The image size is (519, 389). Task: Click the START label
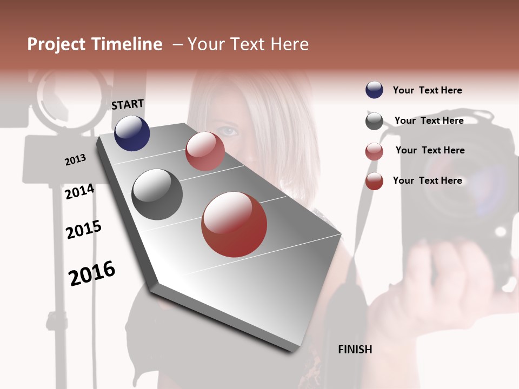[128, 104]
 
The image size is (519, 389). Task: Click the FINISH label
[355, 350]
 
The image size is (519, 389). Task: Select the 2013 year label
[75, 160]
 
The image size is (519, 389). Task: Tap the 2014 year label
[79, 192]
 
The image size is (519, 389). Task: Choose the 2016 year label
[92, 273]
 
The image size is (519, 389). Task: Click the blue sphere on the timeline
[132, 133]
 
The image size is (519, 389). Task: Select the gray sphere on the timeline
[157, 194]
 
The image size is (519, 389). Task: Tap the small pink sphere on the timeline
[205, 151]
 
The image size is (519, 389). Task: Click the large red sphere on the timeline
[234, 224]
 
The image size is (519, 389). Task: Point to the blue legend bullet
[374, 90]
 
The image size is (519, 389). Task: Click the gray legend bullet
[374, 121]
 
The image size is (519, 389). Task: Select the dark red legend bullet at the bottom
[374, 181]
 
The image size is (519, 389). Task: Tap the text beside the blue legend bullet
[427, 90]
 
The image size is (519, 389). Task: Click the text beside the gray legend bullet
[429, 120]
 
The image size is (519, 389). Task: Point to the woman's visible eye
[229, 131]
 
